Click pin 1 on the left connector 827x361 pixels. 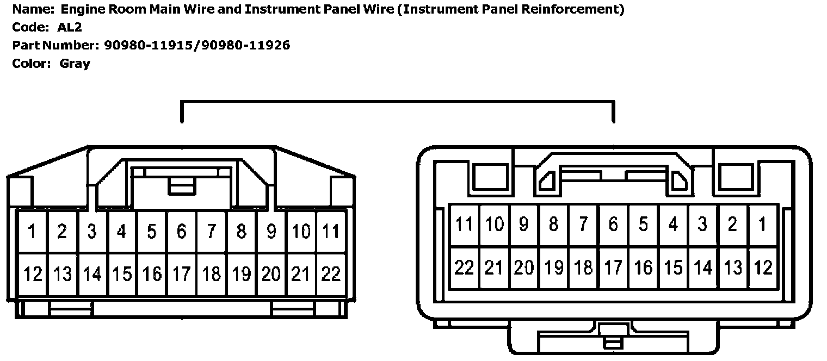pyautogui.click(x=32, y=232)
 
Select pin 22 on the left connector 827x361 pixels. pyautogui.click(x=330, y=273)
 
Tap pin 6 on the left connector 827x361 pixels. pyautogui.click(x=181, y=232)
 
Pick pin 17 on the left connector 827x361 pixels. pyautogui.click(x=181, y=273)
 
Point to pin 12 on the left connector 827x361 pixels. pyautogui.click(x=32, y=273)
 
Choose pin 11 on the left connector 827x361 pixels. pyautogui.click(x=330, y=232)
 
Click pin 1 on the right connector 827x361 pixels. pyautogui.click(x=762, y=224)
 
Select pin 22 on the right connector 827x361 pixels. pyautogui.click(x=464, y=267)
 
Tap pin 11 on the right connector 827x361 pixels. pyautogui.click(x=464, y=224)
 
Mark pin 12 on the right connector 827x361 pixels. pyautogui.click(x=762, y=267)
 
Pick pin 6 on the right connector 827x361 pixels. pyautogui.click(x=613, y=224)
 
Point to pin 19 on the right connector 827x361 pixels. pyautogui.click(x=553, y=267)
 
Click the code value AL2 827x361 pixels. pyautogui.click(x=69, y=27)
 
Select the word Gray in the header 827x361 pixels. pyautogui.click(x=75, y=63)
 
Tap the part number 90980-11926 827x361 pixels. pyautogui.click(x=245, y=45)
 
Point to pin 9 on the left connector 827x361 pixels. pyautogui.click(x=271, y=232)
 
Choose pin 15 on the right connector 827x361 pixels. pyautogui.click(x=673, y=267)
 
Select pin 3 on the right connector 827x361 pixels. pyautogui.click(x=702, y=224)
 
